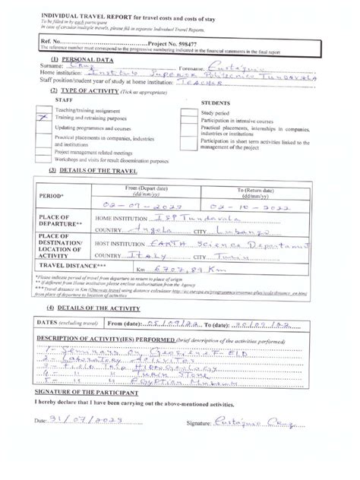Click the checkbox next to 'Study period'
click(x=188, y=112)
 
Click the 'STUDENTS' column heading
click(x=220, y=102)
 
